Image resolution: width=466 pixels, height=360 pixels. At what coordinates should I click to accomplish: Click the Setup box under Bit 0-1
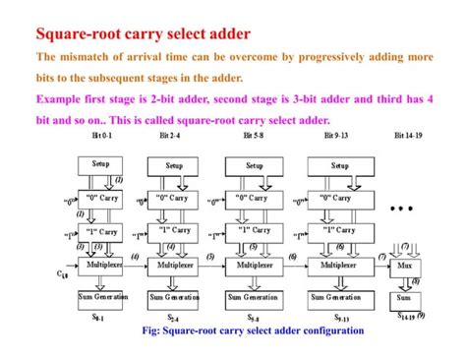tap(101, 165)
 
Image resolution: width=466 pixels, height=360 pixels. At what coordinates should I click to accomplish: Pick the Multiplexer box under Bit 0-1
tap(104, 266)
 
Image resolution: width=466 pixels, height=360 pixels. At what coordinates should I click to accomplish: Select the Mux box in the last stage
tap(404, 266)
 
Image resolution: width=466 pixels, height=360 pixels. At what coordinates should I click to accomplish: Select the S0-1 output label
tap(98, 317)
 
